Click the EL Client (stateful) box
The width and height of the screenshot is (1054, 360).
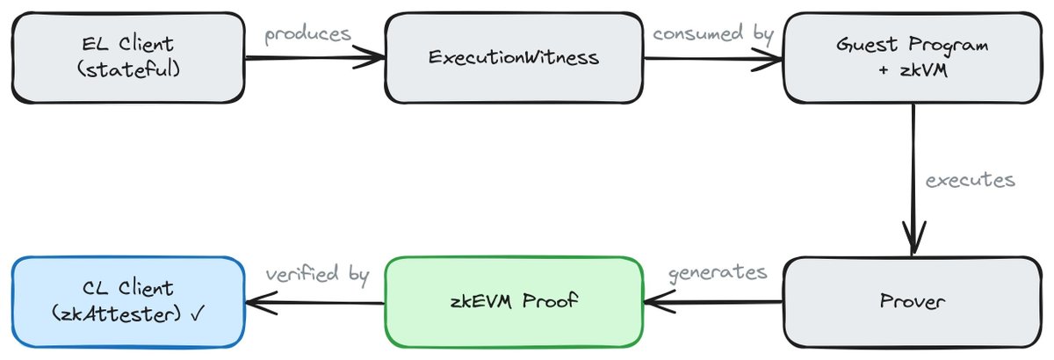(128, 57)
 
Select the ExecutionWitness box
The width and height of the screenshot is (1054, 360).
(514, 57)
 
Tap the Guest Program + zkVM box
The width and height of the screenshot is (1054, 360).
(913, 57)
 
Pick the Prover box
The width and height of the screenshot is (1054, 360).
(913, 302)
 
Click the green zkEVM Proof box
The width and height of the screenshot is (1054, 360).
(514, 302)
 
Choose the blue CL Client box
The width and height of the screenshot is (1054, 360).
(128, 302)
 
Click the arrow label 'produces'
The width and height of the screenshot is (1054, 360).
(307, 35)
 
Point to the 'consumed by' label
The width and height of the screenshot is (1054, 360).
(713, 34)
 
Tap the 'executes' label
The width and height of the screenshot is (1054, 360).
(970, 180)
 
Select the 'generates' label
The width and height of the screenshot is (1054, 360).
(718, 273)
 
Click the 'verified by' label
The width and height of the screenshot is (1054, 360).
(317, 274)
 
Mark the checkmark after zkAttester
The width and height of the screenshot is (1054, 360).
(199, 313)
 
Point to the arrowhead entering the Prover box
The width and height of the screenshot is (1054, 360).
(913, 238)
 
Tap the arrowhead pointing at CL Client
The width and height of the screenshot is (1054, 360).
(261, 303)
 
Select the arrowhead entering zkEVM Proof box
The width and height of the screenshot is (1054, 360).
(660, 302)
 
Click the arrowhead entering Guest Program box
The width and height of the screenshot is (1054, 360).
(768, 60)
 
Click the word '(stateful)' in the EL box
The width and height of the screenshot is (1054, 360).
(128, 70)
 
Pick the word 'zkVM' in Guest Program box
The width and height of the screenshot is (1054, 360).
(924, 70)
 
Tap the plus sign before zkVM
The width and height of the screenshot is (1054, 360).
(884, 70)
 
